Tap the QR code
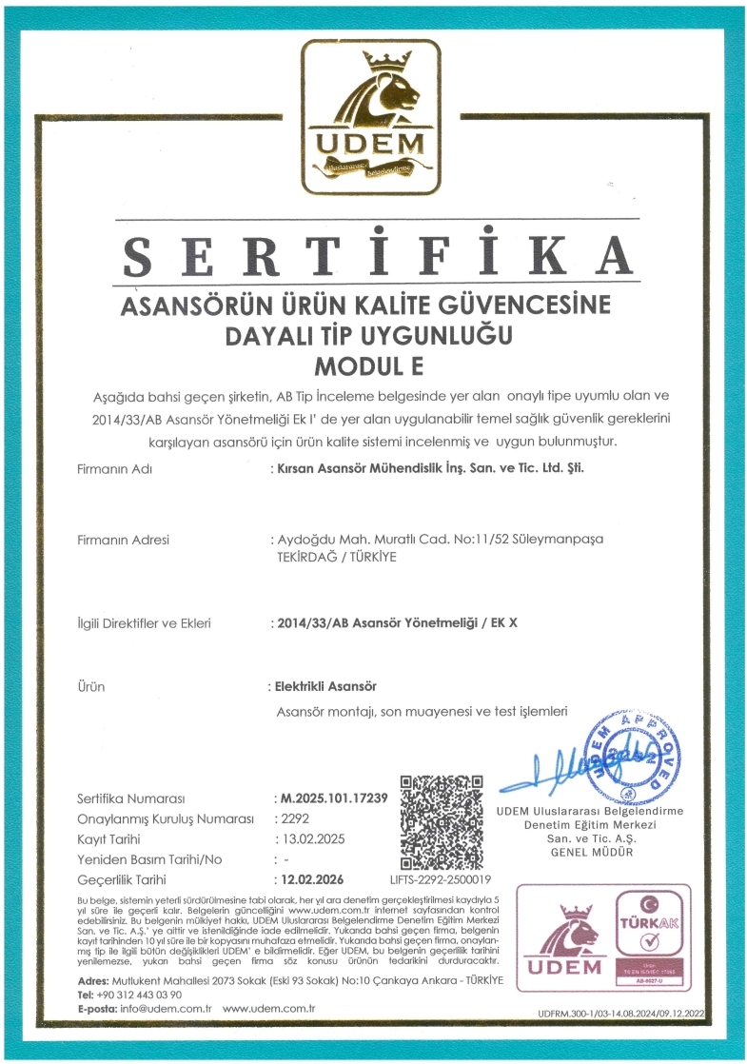[441, 822]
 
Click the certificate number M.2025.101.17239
[331, 798]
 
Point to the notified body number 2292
[290, 818]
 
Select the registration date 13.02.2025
[310, 838]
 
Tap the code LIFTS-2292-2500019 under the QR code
[442, 880]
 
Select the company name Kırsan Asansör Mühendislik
[425, 468]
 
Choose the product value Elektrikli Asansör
[325, 686]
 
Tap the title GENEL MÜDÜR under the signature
[592, 852]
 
